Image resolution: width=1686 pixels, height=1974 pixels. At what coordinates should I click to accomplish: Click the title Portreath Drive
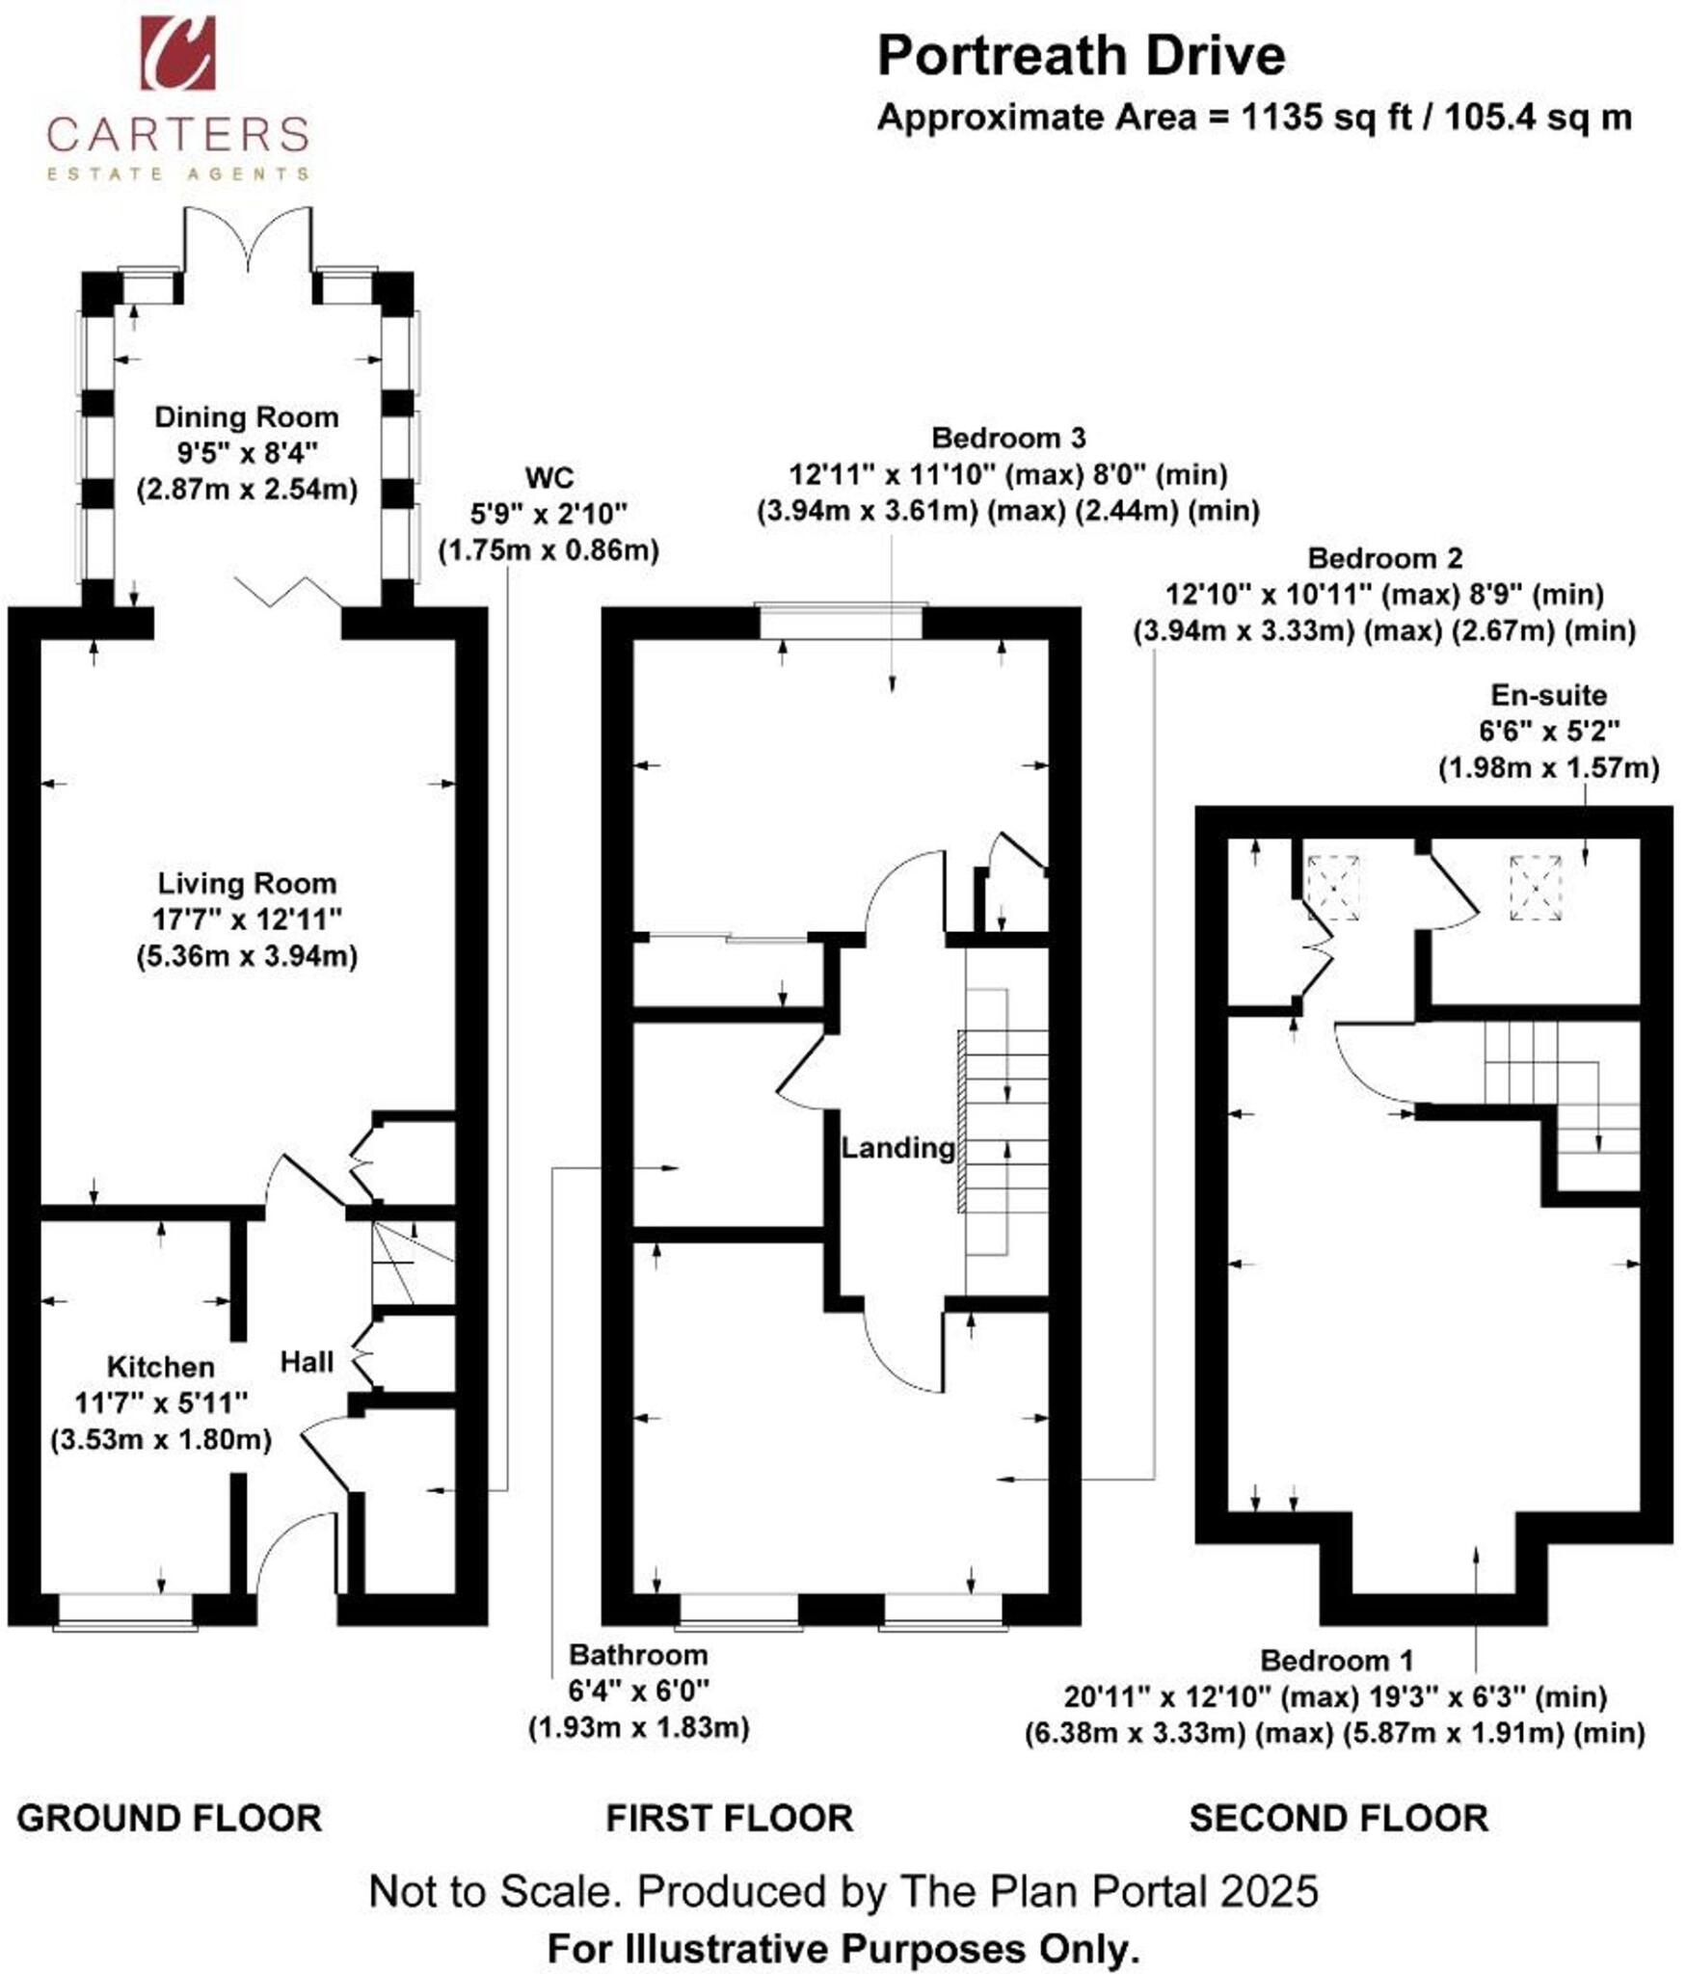1081,56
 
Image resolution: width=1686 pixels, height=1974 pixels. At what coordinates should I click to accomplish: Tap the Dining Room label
247,417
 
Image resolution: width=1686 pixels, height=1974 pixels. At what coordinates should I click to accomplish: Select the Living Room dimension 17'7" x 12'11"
247,919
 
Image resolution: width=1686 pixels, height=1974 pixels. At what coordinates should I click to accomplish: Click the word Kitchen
160,1367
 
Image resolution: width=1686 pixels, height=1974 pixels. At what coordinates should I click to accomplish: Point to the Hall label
307,1362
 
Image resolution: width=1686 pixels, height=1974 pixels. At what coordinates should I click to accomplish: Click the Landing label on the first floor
897,1148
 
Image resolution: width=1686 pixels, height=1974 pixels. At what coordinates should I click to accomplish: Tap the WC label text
549,478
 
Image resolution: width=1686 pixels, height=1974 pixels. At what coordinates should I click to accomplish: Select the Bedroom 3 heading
1008,439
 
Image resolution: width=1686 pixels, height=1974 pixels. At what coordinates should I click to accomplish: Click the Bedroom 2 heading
1384,558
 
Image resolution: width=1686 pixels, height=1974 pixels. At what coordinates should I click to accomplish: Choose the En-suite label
1548,695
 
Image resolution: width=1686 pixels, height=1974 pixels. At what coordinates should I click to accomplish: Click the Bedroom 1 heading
1336,1661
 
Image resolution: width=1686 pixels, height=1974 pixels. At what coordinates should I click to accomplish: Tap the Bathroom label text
638,1655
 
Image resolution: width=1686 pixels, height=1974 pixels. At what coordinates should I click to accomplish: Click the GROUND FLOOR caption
170,1818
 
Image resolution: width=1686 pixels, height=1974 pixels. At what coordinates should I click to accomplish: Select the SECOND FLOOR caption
1338,1818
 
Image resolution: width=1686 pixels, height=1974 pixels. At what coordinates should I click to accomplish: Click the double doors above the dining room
248,241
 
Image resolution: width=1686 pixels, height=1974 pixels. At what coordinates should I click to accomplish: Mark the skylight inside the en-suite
1535,889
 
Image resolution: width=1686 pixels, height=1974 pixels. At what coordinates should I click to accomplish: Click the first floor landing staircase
1006,1123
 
